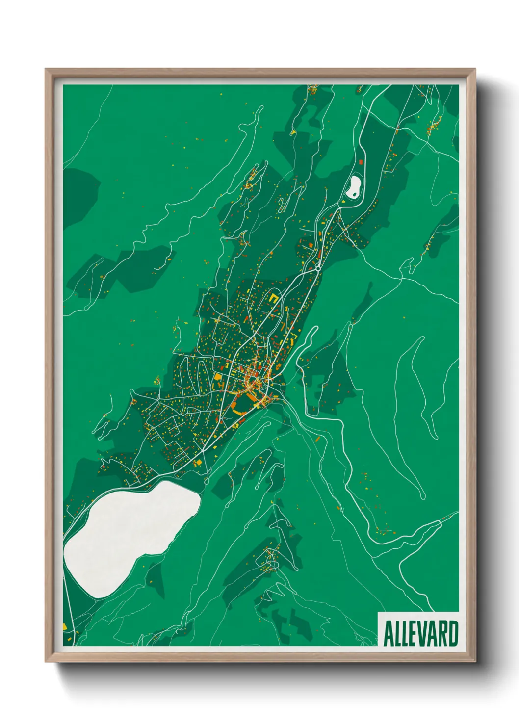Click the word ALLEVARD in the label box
420,634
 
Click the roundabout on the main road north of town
318,268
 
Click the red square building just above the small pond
362,161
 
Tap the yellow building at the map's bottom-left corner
64,627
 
